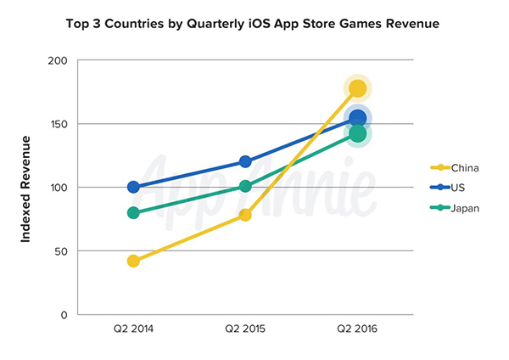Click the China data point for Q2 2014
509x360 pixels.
pos(133,261)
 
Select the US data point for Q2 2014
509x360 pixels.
pos(133,187)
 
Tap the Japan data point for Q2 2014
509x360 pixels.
pos(133,212)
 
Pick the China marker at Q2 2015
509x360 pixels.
pos(245,215)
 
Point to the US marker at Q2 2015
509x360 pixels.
pos(245,161)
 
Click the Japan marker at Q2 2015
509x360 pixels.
pos(245,186)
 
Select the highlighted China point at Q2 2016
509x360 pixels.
pos(357,88)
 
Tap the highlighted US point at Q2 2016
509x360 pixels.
pos(358,119)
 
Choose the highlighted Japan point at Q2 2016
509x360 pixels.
pos(358,133)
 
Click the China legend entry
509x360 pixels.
pos(455,168)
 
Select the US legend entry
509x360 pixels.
pos(450,188)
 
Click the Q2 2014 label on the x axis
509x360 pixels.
pos(133,328)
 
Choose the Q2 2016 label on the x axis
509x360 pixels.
pos(357,328)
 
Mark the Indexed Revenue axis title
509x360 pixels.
pos(26,188)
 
